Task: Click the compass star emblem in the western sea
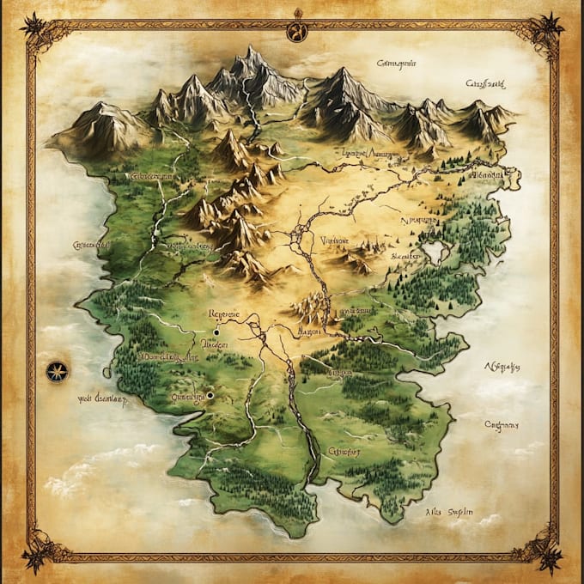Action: [58, 372]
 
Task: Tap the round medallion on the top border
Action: [296, 30]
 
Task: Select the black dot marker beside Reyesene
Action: [216, 331]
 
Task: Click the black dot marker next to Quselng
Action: [210, 395]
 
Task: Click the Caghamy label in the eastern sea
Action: [502, 423]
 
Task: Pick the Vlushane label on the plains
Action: [333, 241]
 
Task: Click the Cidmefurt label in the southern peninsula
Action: [344, 451]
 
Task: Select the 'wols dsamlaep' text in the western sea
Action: [101, 399]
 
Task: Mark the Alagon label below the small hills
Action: [309, 330]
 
